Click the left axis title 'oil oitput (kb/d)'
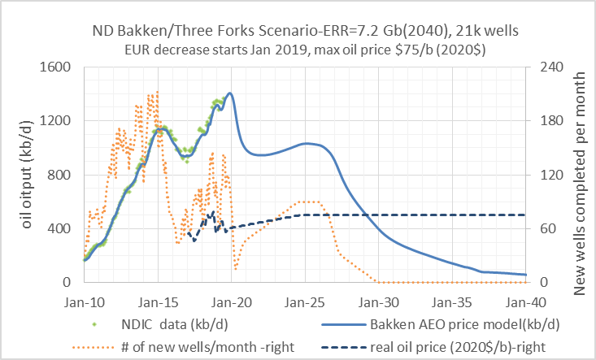28,174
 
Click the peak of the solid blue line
230,93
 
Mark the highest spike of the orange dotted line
157,91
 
